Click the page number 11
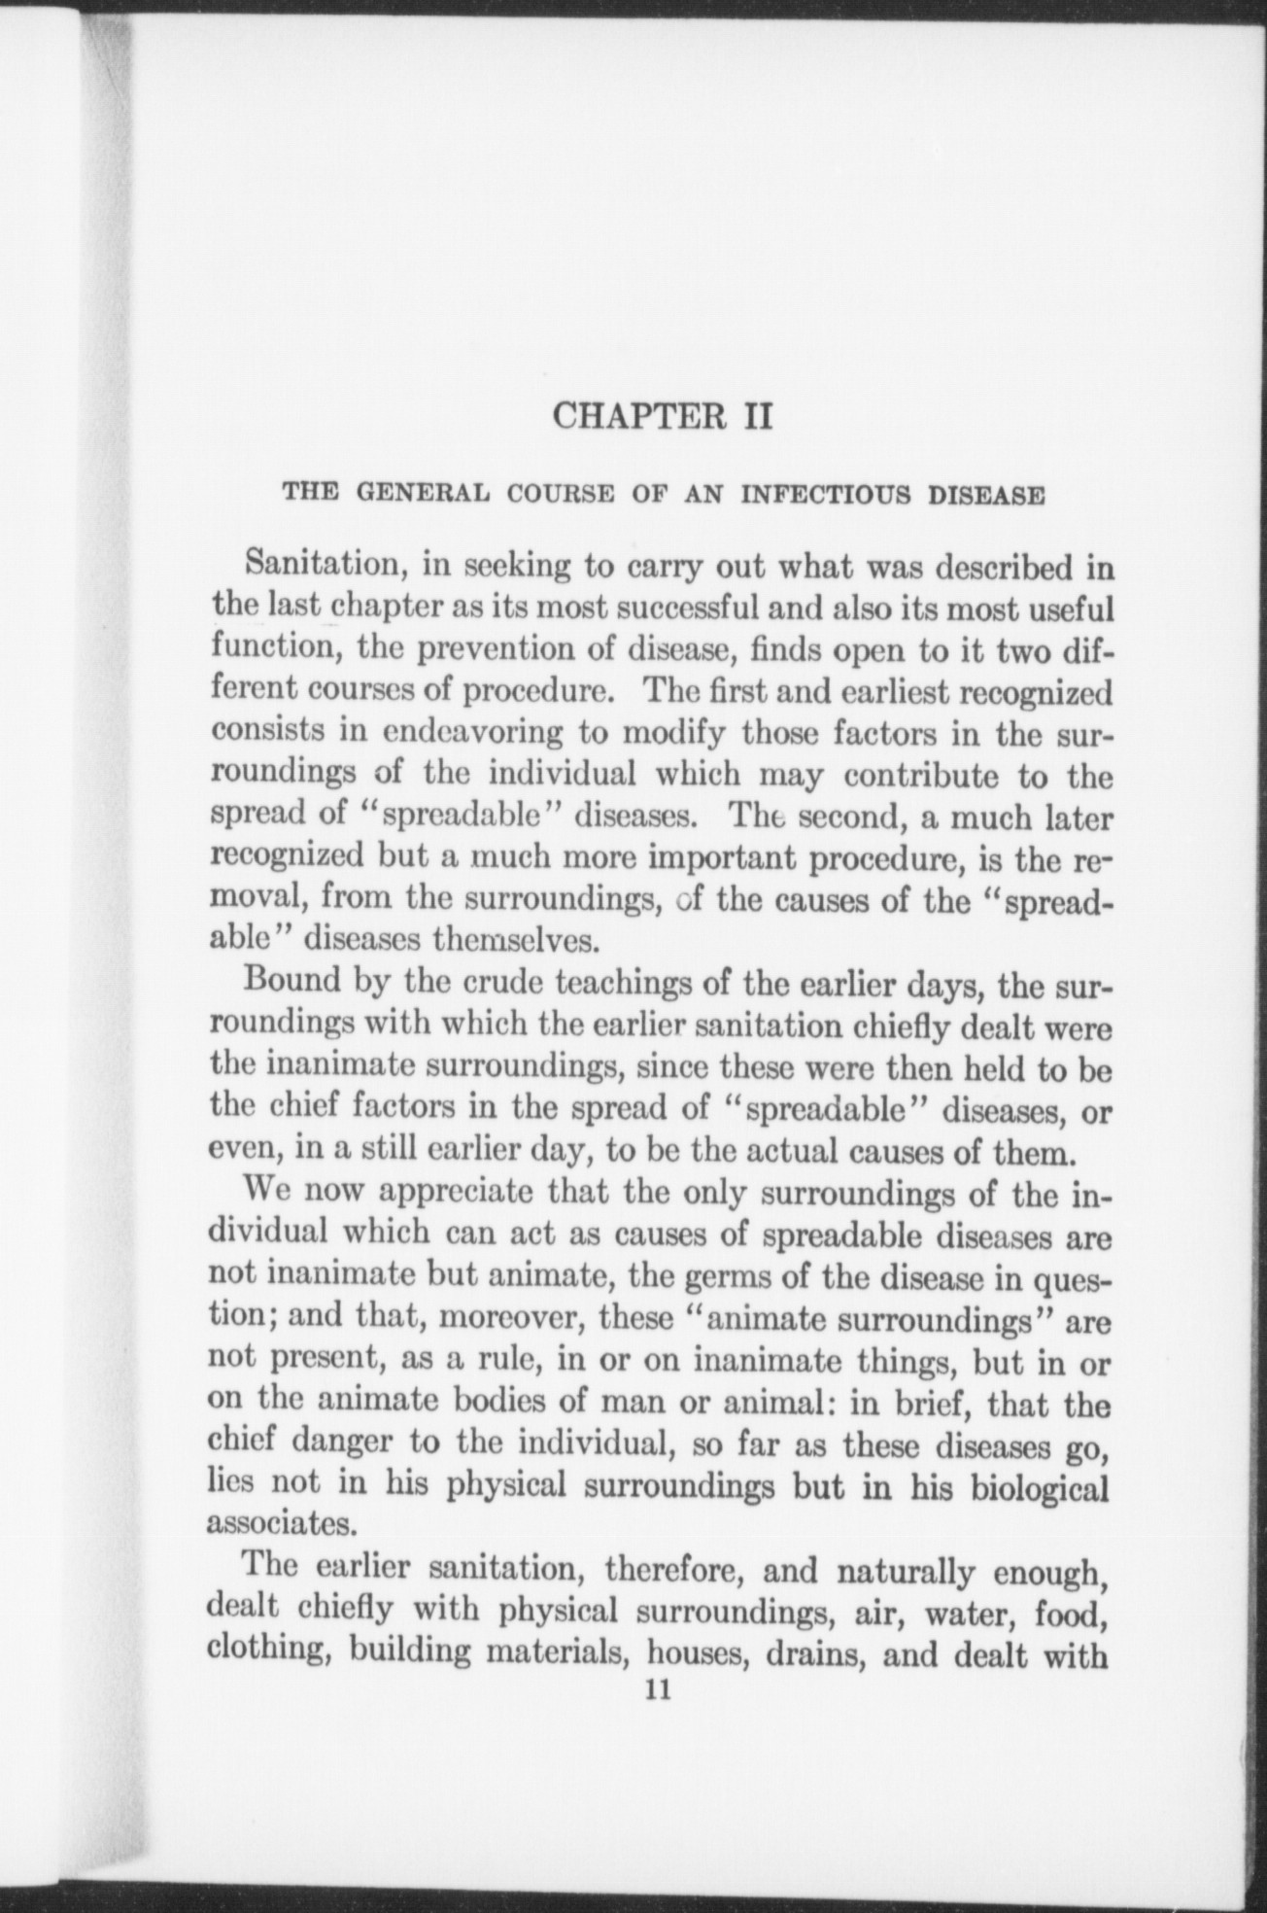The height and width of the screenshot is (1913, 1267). point(658,1690)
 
